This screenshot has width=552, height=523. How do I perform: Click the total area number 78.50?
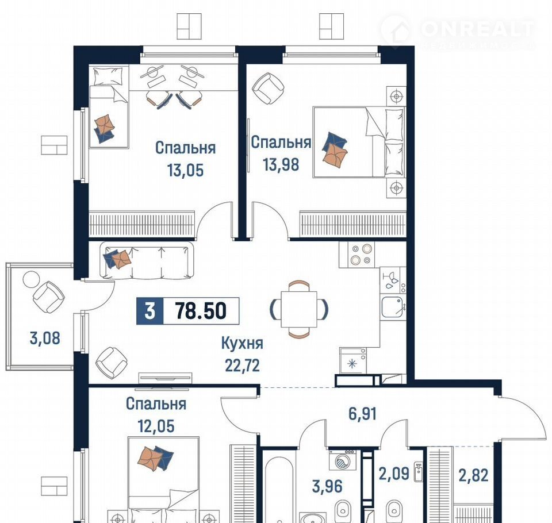point(201,311)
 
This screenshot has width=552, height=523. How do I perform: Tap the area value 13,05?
point(186,170)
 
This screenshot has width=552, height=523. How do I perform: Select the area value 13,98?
point(281,164)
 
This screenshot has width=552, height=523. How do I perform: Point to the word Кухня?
point(242,343)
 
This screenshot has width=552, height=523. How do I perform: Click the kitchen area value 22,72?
point(242,366)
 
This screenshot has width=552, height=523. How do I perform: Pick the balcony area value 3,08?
point(45,338)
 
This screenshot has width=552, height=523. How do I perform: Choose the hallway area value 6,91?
point(363,414)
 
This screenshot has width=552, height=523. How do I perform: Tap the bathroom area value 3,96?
point(327,486)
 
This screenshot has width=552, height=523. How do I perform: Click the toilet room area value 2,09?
point(394,474)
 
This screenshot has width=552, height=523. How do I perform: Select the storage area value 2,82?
point(473,475)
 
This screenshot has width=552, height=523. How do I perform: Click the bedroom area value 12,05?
point(156,426)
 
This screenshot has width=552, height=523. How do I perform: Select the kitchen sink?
point(393,306)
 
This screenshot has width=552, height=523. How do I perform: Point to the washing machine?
point(342,459)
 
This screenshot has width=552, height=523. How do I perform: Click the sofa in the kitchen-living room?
point(147,260)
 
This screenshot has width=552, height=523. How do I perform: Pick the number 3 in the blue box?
point(150,311)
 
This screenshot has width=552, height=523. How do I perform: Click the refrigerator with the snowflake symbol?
point(352,360)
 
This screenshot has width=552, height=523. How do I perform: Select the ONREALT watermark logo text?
point(477,29)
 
